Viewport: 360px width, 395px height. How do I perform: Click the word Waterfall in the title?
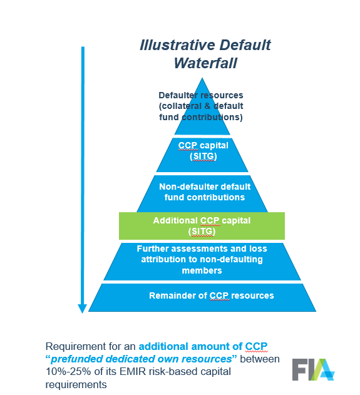click(205, 63)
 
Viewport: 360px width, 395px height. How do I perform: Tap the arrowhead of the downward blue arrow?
click(83, 309)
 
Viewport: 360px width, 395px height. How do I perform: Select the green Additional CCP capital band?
click(202, 226)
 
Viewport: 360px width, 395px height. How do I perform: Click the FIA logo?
click(313, 369)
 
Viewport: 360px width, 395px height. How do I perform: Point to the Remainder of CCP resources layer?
click(202, 297)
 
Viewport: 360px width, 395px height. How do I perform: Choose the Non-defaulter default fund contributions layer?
click(202, 193)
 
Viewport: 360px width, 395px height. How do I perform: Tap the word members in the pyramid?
click(202, 270)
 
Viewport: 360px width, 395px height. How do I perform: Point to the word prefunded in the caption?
click(76, 359)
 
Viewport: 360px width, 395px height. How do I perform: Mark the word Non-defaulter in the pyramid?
click(185, 187)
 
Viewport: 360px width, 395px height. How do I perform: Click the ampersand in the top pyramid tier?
click(207, 106)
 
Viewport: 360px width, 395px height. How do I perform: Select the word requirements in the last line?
click(76, 385)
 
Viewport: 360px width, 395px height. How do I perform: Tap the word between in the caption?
click(260, 359)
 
